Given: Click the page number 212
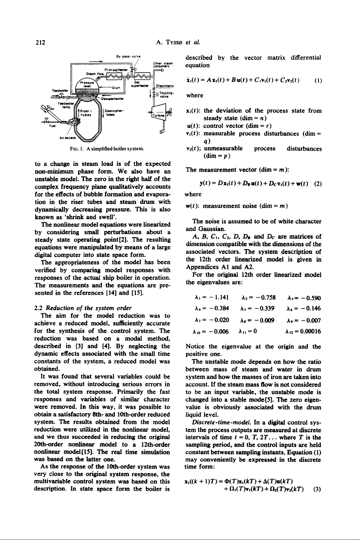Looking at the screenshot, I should pos(40,42).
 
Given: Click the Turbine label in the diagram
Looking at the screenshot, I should pos(156,116).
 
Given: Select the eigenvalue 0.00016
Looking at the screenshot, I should pos(306,332).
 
